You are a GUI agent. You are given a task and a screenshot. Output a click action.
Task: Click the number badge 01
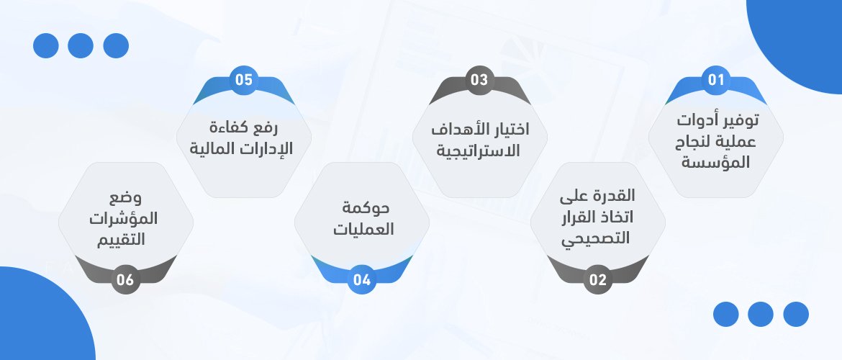click(716, 80)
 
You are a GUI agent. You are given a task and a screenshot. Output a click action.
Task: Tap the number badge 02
click(597, 279)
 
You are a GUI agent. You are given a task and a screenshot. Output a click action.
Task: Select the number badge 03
click(479, 80)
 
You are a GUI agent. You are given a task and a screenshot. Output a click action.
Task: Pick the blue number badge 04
click(362, 279)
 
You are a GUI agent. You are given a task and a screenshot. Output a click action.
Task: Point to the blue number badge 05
click(244, 80)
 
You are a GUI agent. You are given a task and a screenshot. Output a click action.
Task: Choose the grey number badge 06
click(126, 279)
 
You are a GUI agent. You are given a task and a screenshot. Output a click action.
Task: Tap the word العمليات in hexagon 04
click(363, 230)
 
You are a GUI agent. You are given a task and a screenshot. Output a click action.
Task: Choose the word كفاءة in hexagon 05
click(228, 128)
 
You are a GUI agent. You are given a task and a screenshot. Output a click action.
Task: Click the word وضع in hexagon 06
click(126, 199)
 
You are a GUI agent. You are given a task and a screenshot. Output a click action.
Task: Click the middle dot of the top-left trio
click(81, 45)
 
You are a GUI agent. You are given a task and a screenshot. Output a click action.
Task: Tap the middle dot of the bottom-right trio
click(761, 315)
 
